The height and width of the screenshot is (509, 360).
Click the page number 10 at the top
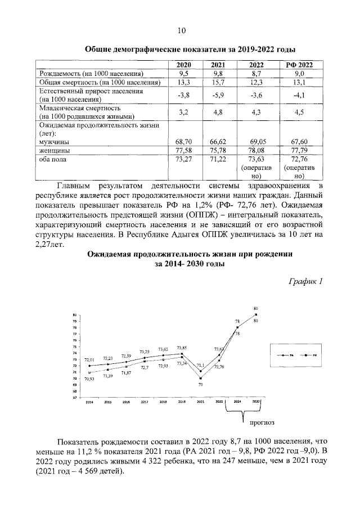(x=180, y=30)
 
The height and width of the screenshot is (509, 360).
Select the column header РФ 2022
(x=299, y=65)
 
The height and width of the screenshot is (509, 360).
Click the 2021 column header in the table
(x=218, y=65)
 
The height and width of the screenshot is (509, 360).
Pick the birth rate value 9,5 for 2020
(x=183, y=74)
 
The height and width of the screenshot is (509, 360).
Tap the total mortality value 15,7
(x=218, y=83)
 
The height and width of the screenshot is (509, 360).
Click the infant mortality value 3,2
(x=183, y=112)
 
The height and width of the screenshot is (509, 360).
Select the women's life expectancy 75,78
(x=218, y=151)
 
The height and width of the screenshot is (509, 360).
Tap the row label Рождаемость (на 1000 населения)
(x=90, y=74)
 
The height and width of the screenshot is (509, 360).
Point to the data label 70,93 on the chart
(x=89, y=379)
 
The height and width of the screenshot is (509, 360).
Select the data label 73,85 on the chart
(x=182, y=348)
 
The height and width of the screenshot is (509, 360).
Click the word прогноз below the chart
(x=258, y=420)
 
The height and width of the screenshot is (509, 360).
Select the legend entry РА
(x=292, y=356)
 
